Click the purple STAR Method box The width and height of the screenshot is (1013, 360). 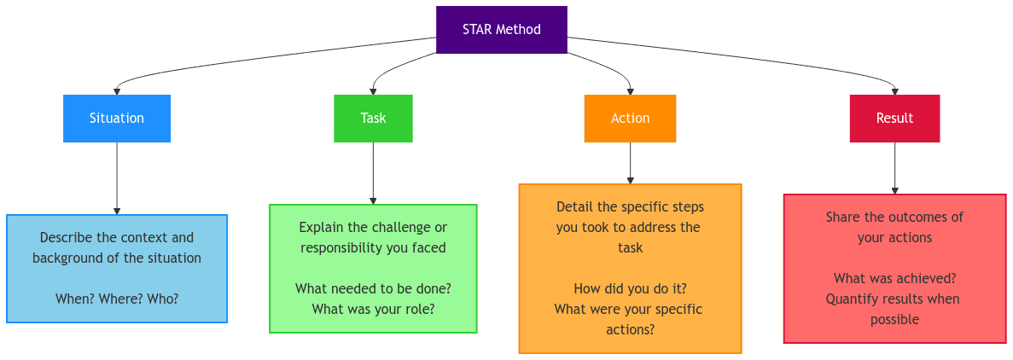501,30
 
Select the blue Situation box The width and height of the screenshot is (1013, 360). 117,119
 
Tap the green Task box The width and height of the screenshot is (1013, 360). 373,119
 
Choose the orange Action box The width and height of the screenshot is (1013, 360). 630,119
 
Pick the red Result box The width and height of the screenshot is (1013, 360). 894,119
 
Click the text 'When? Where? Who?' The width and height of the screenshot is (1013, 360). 117,299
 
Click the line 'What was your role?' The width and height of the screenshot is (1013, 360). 374,309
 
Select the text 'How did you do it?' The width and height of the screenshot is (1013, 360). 630,288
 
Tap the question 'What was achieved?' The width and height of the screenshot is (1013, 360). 894,279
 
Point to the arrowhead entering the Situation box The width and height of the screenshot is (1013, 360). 117,91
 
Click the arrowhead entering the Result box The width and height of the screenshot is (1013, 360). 894,91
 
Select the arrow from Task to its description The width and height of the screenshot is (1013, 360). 373,173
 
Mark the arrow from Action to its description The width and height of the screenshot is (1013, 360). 630,163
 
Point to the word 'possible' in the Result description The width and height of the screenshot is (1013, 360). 894,320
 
